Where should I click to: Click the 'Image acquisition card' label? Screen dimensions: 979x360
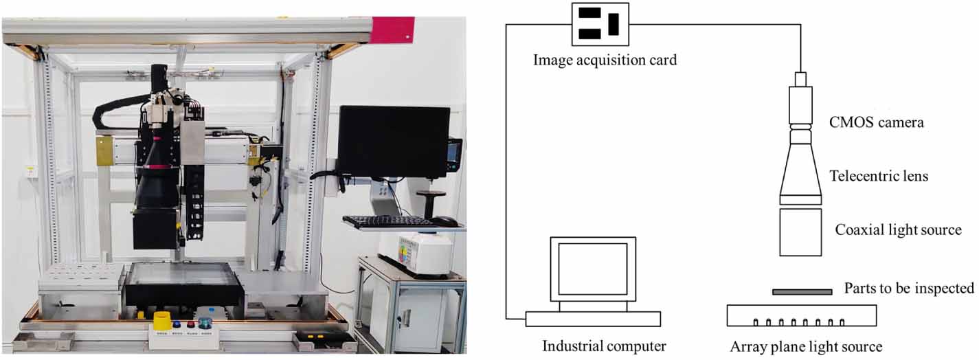click(x=605, y=60)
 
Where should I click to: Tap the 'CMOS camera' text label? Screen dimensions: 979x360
click(x=877, y=122)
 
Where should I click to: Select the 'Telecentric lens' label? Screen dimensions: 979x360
click(x=879, y=176)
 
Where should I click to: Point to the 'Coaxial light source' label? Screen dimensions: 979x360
click(x=898, y=229)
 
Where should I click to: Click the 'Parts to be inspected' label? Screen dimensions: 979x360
click(x=909, y=289)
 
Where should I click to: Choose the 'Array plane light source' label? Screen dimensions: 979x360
click(x=806, y=346)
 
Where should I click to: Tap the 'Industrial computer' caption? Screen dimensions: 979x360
click(x=604, y=346)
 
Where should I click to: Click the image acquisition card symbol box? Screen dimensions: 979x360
click(x=600, y=25)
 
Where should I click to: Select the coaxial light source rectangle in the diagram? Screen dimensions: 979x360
click(x=800, y=232)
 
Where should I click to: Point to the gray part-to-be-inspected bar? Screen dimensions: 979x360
click(x=802, y=292)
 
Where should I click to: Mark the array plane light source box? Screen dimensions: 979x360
click(x=802, y=315)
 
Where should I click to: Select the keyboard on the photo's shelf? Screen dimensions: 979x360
click(x=387, y=221)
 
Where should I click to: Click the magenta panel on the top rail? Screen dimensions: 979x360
click(x=392, y=30)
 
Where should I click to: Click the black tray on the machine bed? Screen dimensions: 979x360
click(x=183, y=283)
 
